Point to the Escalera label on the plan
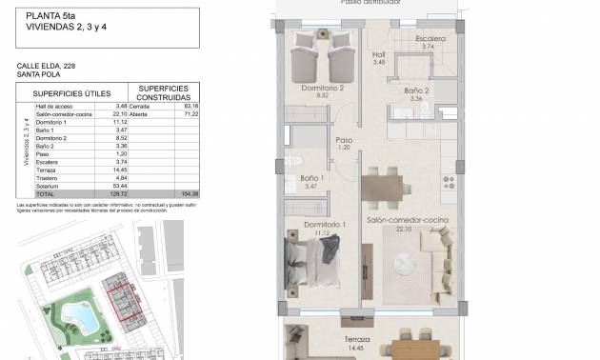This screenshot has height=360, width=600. coord(430,40)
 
